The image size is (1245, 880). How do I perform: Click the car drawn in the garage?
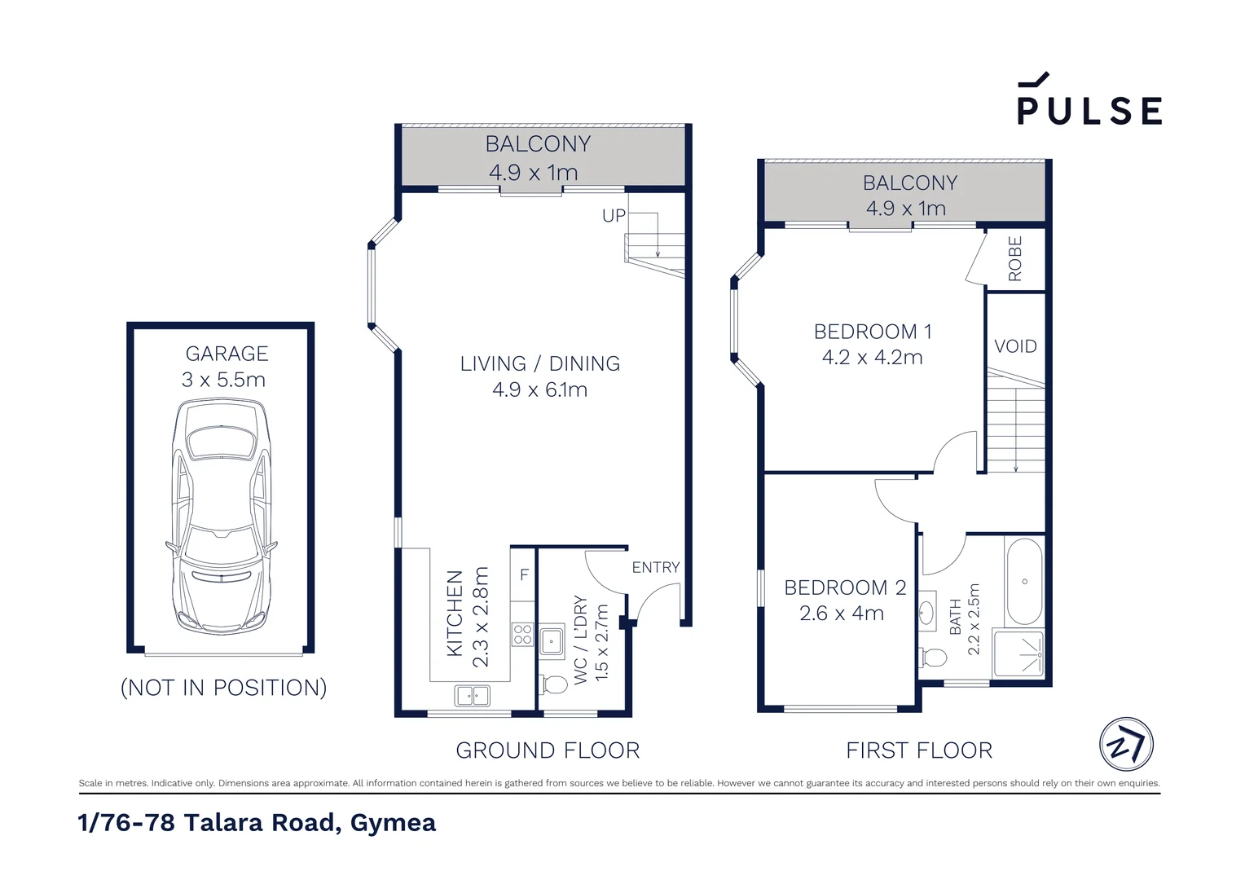[x=221, y=517]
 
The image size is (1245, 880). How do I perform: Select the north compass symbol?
[x=1126, y=745]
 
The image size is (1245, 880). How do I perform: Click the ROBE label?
[x=1015, y=258]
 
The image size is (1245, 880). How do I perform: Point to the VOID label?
[x=1015, y=346]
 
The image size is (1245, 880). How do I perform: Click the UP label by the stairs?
[x=614, y=216]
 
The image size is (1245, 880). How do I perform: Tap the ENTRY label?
[x=656, y=567]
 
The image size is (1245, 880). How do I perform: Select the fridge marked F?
[x=522, y=574]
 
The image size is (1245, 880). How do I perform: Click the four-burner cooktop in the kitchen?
[x=522, y=634]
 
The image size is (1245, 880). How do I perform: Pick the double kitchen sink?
[x=472, y=695]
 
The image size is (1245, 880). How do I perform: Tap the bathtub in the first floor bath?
[x=1024, y=581]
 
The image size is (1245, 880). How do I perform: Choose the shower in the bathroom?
[x=1018, y=653]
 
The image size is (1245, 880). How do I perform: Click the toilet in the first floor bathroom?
[x=933, y=658]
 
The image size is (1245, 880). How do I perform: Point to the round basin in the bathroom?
[x=926, y=614]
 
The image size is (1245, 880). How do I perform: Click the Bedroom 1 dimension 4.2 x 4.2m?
[x=872, y=357]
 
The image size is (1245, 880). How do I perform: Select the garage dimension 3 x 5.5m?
[x=223, y=380]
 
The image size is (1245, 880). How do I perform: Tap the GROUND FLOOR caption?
[x=548, y=750]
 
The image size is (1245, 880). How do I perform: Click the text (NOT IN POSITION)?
[x=223, y=688]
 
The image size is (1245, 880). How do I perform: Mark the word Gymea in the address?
[x=393, y=823]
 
